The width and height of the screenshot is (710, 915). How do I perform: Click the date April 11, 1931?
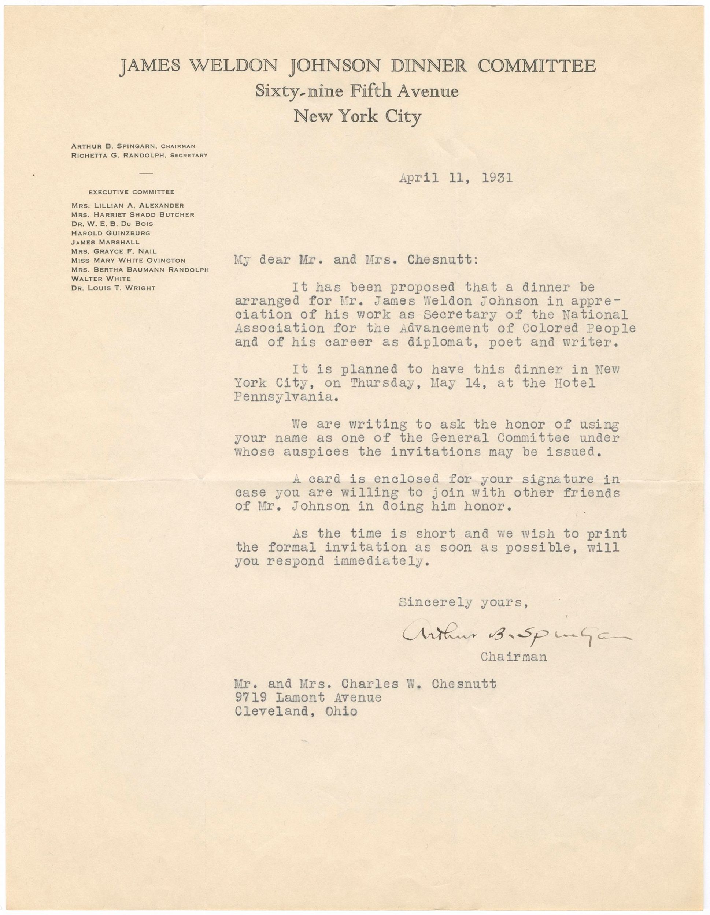(x=456, y=179)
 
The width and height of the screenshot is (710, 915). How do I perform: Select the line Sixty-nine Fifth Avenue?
(x=357, y=91)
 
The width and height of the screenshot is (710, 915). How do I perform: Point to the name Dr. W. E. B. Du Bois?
(x=112, y=224)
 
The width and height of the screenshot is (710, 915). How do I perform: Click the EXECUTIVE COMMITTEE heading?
(x=131, y=192)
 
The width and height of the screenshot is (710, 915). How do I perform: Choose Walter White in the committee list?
(x=101, y=279)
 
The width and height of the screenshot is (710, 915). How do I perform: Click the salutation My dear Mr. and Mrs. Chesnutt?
(x=356, y=261)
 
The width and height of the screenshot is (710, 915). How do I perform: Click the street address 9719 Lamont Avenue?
(x=308, y=698)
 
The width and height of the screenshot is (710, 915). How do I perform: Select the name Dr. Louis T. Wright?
(x=113, y=288)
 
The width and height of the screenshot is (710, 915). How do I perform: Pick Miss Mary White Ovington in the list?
(x=128, y=261)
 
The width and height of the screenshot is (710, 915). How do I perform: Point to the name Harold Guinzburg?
(x=110, y=233)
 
